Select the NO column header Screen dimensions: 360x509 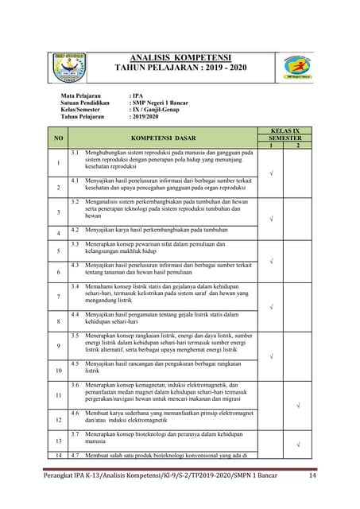pyautogui.click(x=57, y=138)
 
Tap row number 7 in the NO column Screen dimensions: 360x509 pyautogui.click(x=57, y=296)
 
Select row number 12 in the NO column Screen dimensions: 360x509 pyautogui.click(x=57, y=419)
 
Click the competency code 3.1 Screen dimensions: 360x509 pyautogui.click(x=75, y=151)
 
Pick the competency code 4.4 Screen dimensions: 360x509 pyautogui.click(x=75, y=314)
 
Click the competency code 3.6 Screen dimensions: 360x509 pyautogui.click(x=75, y=385)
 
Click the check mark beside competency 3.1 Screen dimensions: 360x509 pyautogui.click(x=271, y=173)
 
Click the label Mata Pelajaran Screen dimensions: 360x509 pyautogui.click(x=84, y=95)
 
